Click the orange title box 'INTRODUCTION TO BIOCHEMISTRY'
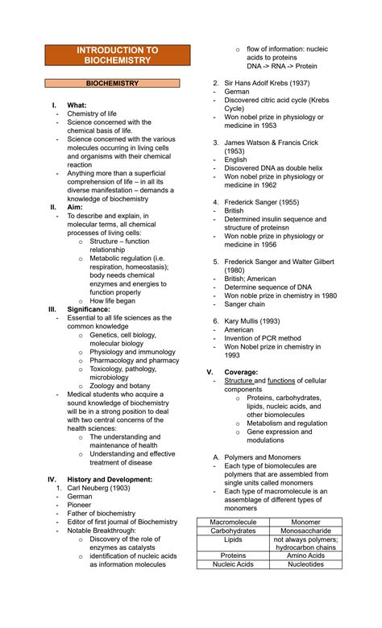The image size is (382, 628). click(x=118, y=56)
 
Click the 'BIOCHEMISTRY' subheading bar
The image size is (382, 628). click(x=118, y=83)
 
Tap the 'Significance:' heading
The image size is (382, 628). click(x=89, y=308)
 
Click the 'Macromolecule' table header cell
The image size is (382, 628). click(x=234, y=522)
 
